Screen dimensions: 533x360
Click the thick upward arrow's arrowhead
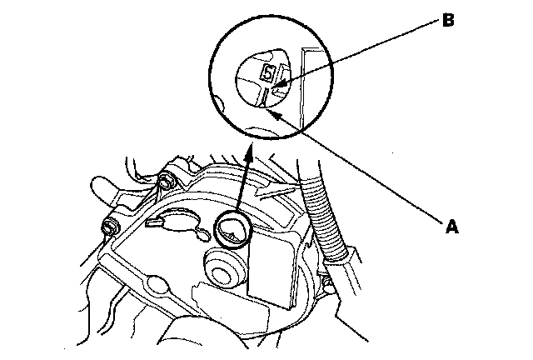point(250,150)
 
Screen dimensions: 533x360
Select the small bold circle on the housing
point(232,230)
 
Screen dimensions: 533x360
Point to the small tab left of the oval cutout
point(153,222)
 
